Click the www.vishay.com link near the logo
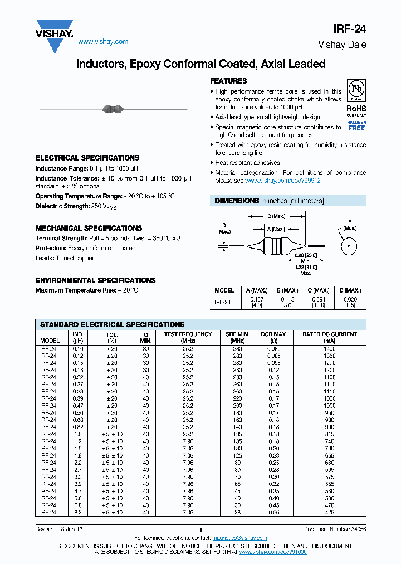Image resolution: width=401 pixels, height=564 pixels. tap(103, 42)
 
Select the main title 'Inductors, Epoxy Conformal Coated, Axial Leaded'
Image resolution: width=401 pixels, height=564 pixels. tap(200, 64)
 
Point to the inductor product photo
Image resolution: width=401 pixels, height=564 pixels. tap(113, 109)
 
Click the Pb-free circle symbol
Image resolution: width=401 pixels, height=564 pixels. tap(356, 90)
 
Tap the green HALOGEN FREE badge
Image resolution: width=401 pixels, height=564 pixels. tap(356, 125)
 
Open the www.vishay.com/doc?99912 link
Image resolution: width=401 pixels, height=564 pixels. tap(282, 181)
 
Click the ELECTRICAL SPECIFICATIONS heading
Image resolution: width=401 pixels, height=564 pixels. tap(87, 158)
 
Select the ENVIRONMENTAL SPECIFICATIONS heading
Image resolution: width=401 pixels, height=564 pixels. tap(95, 280)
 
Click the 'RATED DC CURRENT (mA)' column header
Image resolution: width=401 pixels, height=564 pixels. tap(330, 337)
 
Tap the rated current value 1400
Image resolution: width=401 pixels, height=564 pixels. tap(330, 348)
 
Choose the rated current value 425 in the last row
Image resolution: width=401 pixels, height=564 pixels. tap(330, 512)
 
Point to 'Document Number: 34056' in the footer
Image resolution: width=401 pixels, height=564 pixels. tap(335, 529)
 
